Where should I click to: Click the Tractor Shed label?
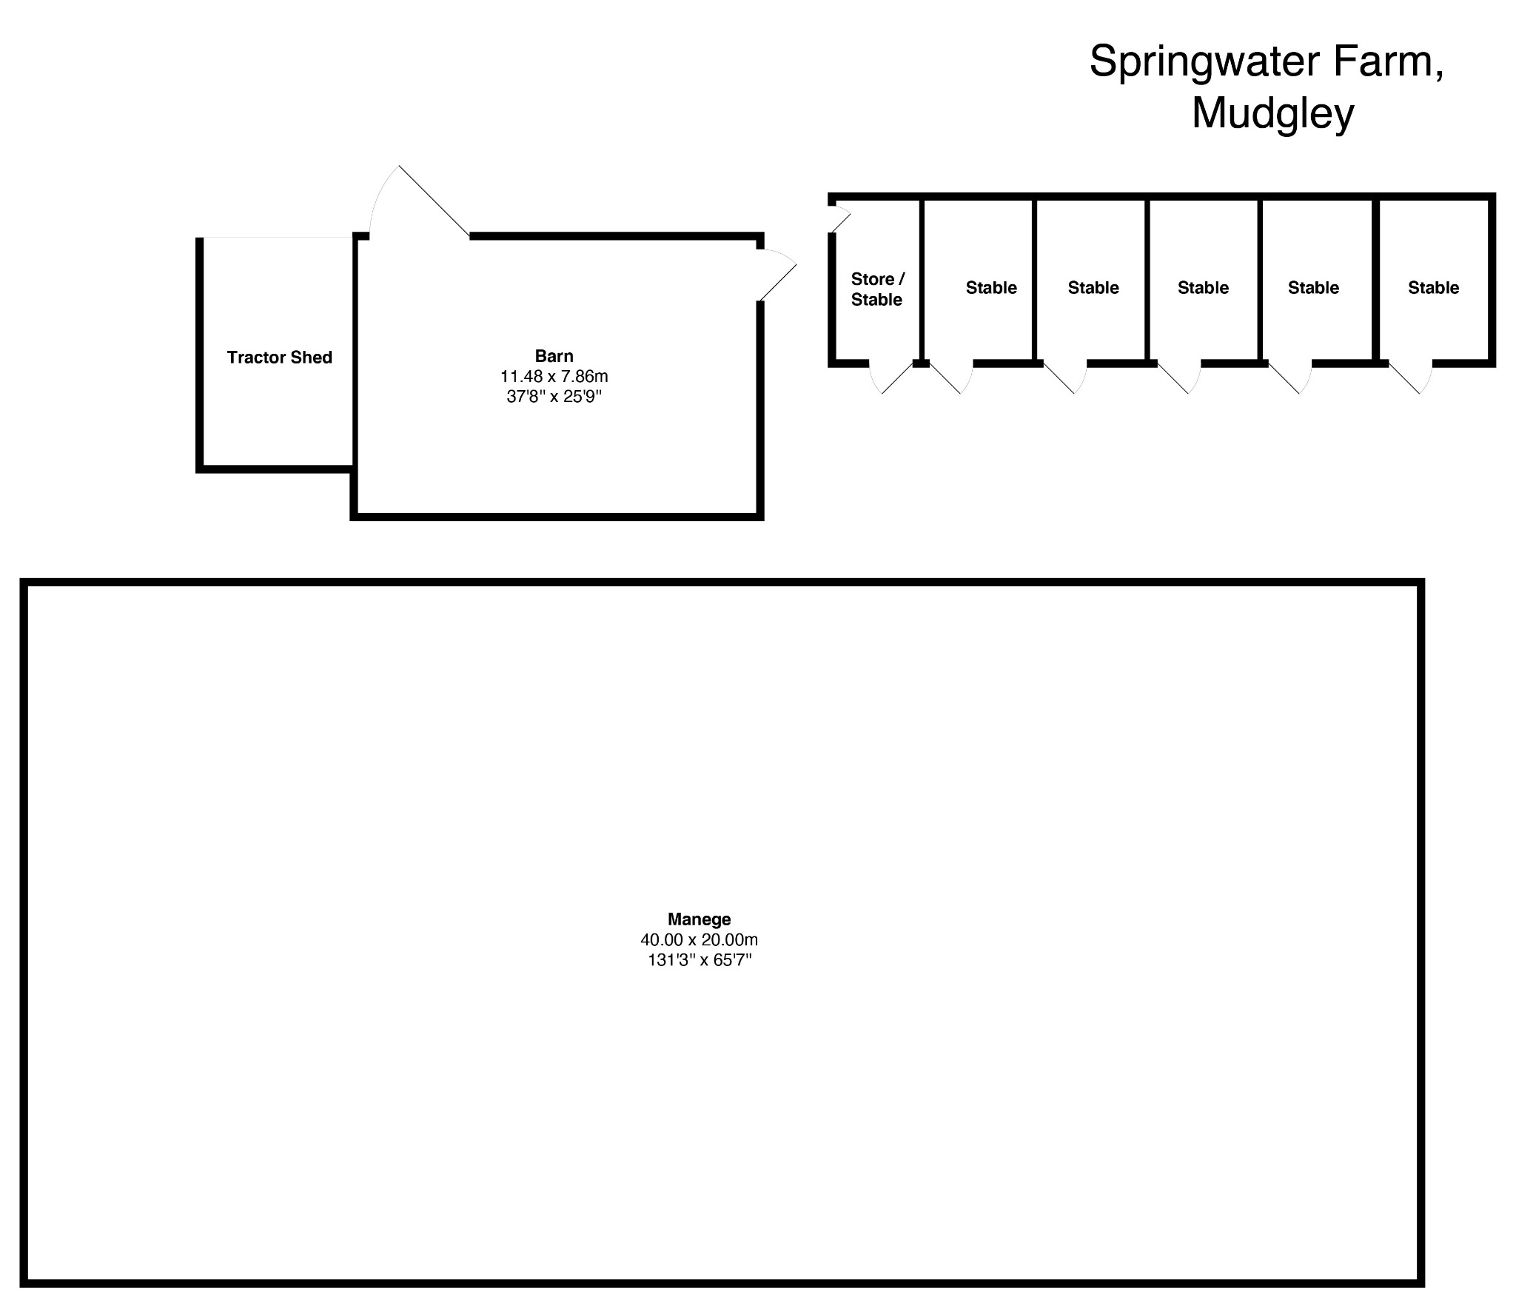279,358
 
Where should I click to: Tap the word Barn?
554,356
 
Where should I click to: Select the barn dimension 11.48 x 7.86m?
554,376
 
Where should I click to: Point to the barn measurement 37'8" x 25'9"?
554,397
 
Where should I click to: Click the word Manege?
699,919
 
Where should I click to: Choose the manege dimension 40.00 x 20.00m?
699,940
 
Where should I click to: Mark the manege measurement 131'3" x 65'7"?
699,961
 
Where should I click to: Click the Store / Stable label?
877,289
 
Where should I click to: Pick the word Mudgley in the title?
1272,113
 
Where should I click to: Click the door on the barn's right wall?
777,275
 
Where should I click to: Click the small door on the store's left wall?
839,220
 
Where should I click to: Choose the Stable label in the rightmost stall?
1433,288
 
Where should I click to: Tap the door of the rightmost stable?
1411,378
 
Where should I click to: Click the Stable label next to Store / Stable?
991,288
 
